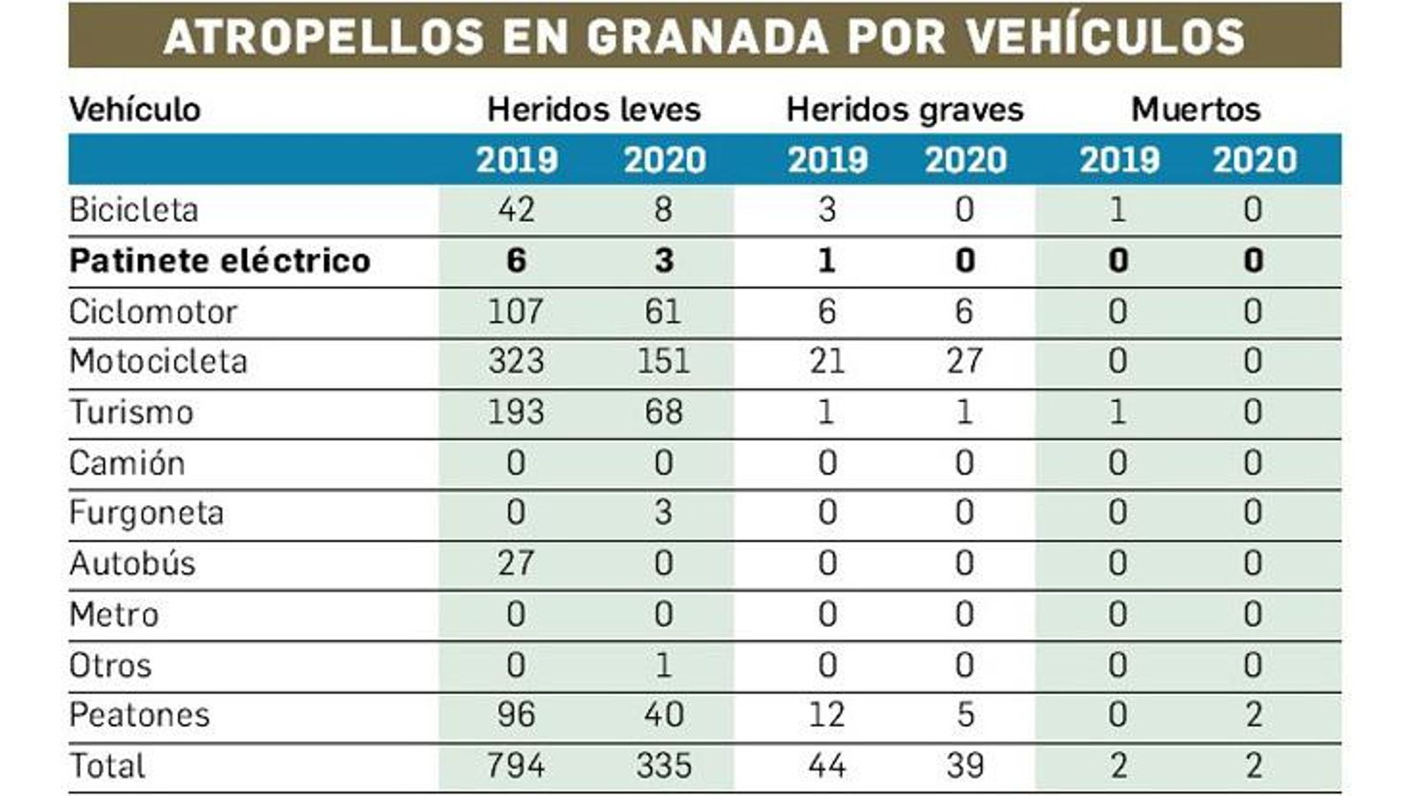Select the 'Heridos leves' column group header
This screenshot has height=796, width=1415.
[x=593, y=110]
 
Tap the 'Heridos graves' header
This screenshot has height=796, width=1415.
[x=904, y=110]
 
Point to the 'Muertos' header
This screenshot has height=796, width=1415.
[x=1195, y=110]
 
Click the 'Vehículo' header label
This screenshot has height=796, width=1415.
[x=135, y=110]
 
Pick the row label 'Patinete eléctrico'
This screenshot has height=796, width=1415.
[x=219, y=261]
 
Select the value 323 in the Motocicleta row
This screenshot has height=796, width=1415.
[x=516, y=362]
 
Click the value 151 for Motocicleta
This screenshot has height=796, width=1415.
[x=662, y=362]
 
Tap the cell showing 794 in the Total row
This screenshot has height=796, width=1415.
[x=516, y=766]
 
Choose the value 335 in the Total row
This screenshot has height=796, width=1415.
[x=662, y=766]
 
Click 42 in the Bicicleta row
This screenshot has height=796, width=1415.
[x=516, y=210]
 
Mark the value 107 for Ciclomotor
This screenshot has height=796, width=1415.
[x=516, y=311]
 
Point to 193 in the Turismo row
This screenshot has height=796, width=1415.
[x=516, y=412]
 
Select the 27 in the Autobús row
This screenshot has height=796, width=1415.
[x=516, y=563]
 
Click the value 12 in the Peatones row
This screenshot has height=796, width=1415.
[x=826, y=715]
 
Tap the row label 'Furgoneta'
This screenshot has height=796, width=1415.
[x=146, y=514]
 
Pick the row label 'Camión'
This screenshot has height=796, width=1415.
[x=126, y=463]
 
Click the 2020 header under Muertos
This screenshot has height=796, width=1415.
[x=1253, y=160]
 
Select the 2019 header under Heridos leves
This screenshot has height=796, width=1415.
[x=516, y=160]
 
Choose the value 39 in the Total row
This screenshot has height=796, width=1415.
[x=964, y=766]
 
